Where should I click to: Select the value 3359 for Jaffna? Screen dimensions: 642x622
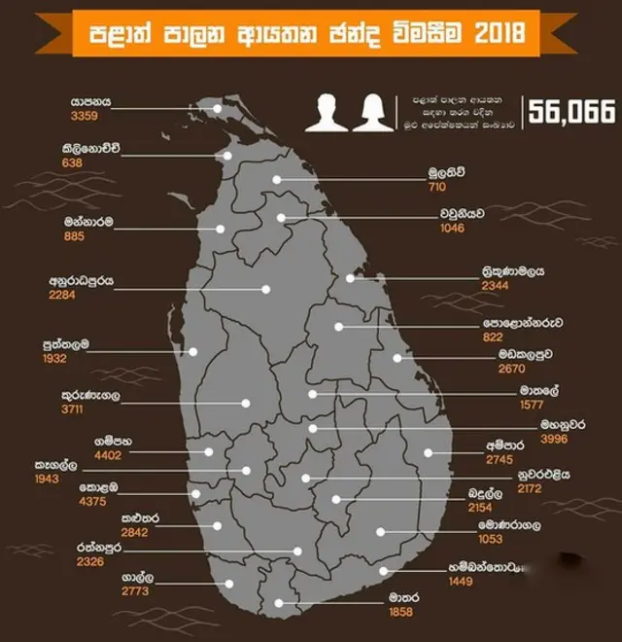84,115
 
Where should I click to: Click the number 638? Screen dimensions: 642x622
71,162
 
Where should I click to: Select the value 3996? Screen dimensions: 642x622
559,439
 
